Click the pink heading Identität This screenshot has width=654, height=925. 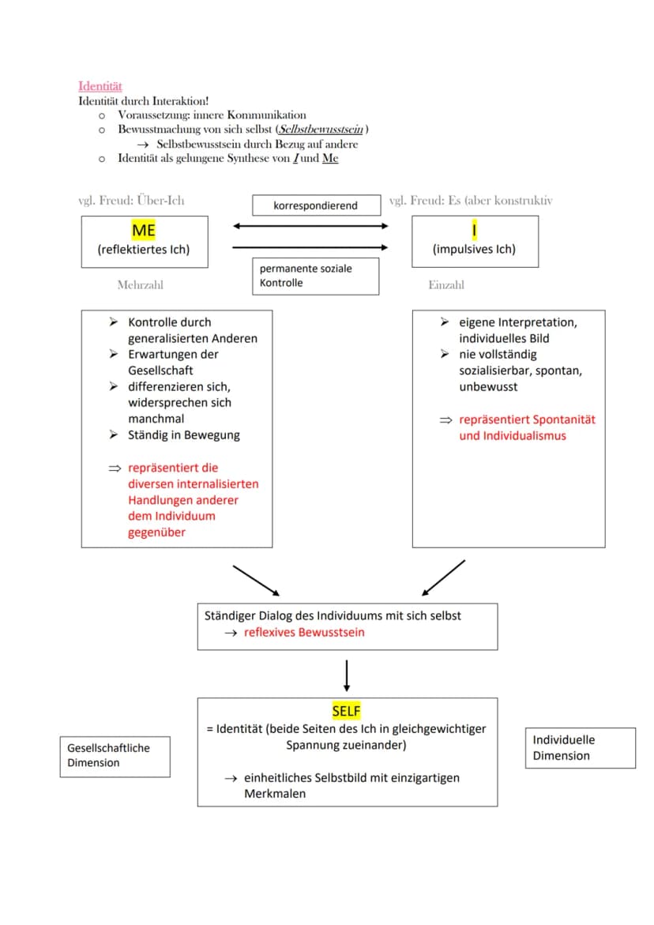100,86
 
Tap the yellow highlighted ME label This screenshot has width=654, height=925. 144,230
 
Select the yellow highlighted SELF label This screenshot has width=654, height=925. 346,711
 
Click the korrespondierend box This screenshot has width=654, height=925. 317,205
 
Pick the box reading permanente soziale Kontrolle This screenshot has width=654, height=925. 315,276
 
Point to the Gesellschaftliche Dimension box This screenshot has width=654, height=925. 115,756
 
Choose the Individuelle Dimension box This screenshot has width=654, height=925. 581,748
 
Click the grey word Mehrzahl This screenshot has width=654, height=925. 141,285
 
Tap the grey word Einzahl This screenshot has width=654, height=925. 446,285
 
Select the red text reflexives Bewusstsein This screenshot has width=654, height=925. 304,633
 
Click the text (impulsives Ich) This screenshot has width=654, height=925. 474,249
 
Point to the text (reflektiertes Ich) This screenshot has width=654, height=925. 144,250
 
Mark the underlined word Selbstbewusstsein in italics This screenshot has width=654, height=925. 321,130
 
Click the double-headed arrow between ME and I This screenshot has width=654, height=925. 310,226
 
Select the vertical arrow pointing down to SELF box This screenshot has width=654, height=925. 347,675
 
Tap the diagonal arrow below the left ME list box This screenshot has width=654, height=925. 256,581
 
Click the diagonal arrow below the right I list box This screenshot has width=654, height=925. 443,577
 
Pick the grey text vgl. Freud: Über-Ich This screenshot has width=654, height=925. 131,201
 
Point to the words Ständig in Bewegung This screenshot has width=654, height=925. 184,435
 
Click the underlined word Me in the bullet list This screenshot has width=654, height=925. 330,158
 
